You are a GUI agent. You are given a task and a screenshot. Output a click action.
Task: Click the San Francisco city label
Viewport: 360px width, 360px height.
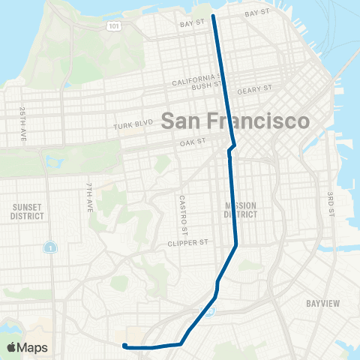click(x=235, y=121)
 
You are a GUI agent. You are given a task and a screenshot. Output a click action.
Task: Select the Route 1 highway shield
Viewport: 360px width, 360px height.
click(x=49, y=247)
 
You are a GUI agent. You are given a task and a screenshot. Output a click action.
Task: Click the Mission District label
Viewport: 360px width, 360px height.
click(x=241, y=209)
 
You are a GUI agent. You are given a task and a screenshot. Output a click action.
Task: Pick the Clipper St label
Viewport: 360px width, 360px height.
click(x=187, y=243)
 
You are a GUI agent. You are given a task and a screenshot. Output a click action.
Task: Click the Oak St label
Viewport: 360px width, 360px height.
click(x=193, y=142)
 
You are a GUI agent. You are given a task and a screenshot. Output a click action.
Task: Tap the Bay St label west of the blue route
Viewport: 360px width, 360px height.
click(x=192, y=23)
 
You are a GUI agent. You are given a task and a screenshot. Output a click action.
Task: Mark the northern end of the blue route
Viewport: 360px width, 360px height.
click(x=214, y=16)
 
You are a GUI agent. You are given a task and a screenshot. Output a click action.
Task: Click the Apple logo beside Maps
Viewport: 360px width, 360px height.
click(x=10, y=347)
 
